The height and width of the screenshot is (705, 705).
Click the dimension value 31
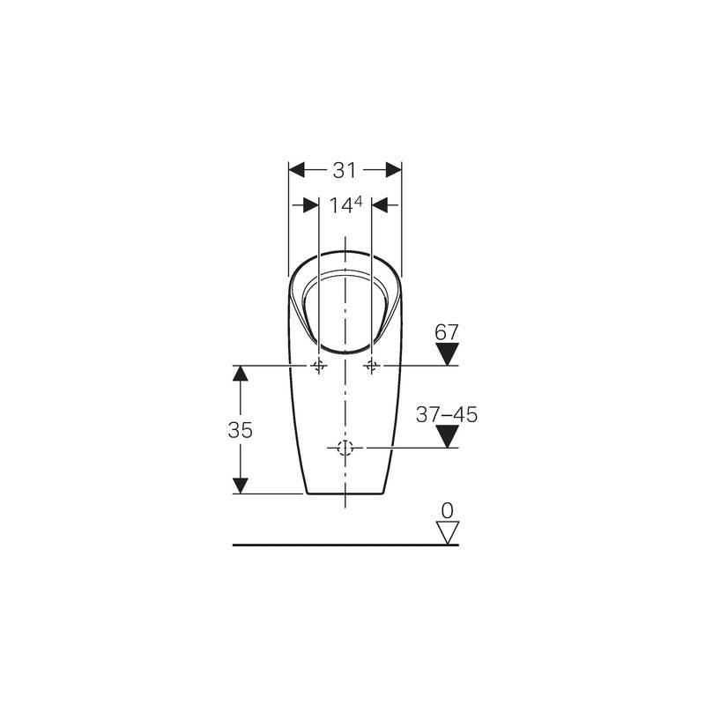tap(345, 170)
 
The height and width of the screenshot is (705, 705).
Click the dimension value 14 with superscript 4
tap(345, 205)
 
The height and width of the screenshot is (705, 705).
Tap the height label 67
tap(447, 333)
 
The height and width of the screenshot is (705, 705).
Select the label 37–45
tap(447, 414)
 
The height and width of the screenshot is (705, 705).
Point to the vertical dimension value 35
tap(240, 430)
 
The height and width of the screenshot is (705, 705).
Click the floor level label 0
tap(448, 511)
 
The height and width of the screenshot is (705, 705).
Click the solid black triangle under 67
tap(448, 353)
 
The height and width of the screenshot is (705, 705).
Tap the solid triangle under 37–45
tap(448, 436)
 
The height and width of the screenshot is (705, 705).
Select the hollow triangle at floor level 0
tap(448, 533)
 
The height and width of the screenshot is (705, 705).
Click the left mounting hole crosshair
tap(319, 366)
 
